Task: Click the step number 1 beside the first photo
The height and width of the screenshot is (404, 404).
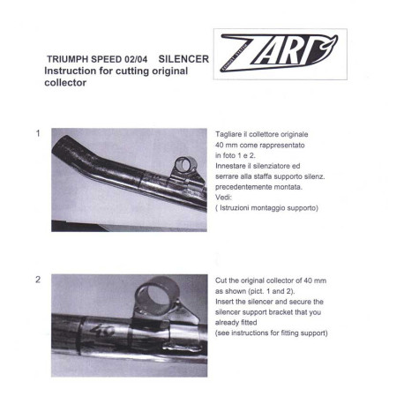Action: point(38,133)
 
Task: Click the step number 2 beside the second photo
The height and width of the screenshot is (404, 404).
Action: point(38,280)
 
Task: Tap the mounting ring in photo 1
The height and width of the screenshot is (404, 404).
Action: point(184,164)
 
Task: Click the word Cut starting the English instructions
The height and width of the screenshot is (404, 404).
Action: point(222,280)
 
